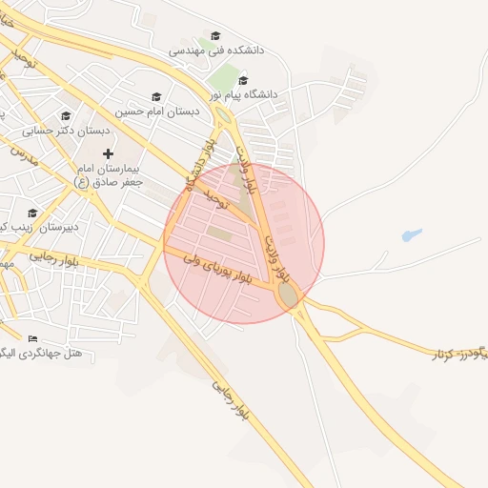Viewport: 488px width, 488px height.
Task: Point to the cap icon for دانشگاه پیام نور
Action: [244, 80]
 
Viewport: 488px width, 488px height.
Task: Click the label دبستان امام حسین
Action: [158, 112]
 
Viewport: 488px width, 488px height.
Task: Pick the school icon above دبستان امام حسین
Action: [156, 96]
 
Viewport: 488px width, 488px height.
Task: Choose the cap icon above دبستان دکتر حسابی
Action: [66, 115]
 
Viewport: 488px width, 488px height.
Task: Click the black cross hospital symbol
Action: [107, 152]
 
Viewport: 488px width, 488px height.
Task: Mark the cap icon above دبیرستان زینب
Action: [32, 213]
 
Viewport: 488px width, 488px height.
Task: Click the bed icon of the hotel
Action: [33, 338]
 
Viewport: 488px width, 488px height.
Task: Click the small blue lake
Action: [411, 234]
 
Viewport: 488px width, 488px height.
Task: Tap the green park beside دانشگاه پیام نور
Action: [225, 77]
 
